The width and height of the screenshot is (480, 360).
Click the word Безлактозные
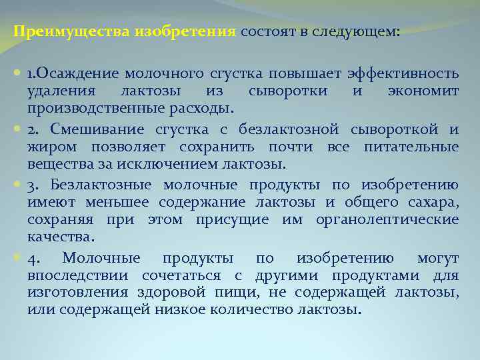100,185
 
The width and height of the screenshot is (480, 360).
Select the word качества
61,237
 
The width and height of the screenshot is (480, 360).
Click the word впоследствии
79,275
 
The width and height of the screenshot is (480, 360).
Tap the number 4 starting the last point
33,259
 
